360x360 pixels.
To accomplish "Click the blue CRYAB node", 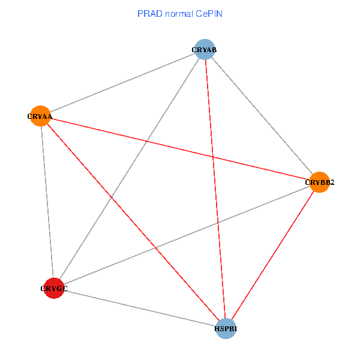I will click(205, 49).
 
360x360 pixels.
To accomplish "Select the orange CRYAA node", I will click(40, 116).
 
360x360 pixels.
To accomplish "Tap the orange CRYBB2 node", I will click(319, 182).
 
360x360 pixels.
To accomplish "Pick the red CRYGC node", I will click(54, 289).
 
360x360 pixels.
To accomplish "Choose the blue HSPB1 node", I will click(226, 328).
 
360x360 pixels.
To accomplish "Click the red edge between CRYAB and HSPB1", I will click(217, 210).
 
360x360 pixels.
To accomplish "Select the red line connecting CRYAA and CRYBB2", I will click(150, 142).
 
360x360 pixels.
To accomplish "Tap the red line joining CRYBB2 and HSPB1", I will click(272, 255).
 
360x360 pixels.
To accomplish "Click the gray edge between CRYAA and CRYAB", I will click(122, 83).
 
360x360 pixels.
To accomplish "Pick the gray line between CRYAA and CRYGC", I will click(47, 202).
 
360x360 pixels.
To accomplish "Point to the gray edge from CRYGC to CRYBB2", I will click(187, 235).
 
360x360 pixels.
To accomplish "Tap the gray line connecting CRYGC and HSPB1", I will click(140, 308).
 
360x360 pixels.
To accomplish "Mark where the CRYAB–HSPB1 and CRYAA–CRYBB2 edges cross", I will click(213, 157).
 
